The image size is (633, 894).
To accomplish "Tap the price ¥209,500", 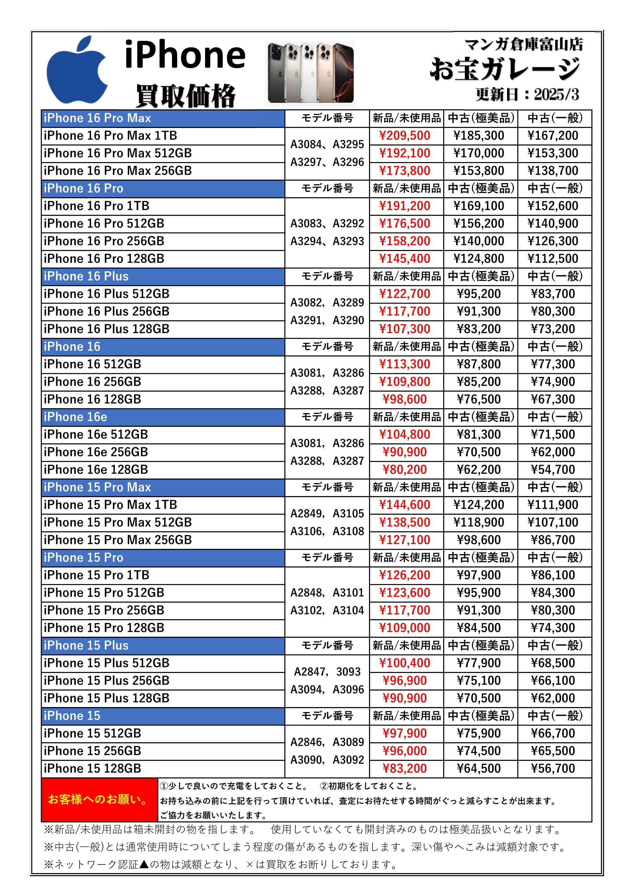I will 405,136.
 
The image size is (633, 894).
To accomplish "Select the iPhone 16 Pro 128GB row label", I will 104,259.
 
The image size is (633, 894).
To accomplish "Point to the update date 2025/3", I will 556,95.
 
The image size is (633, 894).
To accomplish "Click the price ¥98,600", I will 405,399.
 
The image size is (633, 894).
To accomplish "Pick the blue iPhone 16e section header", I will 163,417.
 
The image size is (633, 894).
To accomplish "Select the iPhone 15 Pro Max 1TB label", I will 110,505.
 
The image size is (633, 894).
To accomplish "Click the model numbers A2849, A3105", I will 327,514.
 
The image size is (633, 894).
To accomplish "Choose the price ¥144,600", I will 405,505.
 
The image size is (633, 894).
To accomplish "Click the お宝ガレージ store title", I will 505,69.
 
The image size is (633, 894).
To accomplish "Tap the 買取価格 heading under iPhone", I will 186,96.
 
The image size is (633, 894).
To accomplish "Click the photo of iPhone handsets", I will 310,73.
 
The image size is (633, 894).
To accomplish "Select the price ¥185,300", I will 479,136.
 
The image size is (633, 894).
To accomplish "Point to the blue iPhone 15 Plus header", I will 163,646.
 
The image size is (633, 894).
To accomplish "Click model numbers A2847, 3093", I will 327,672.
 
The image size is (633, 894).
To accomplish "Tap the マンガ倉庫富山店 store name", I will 524,44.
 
